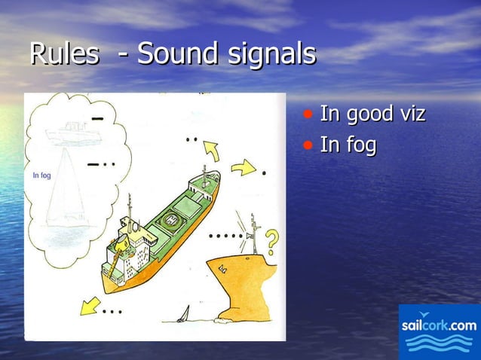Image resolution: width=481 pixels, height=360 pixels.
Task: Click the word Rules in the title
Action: pos(63,54)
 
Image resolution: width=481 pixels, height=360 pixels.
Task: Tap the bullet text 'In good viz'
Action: pos(372,115)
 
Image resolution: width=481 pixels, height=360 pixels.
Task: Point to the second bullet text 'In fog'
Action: pos(348,144)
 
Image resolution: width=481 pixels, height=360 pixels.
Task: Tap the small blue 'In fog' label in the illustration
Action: pos(42,175)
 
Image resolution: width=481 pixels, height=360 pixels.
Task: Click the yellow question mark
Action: pos(271,243)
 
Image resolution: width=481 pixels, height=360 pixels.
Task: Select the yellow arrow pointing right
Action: pos(244,167)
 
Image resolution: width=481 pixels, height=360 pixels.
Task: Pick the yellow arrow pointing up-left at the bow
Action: pos(211,151)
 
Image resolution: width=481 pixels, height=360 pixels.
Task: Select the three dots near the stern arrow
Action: pos(112,310)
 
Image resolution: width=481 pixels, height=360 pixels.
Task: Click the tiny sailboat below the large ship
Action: pos(182,316)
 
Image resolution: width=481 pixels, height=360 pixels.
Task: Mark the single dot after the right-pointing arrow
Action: pos(264,173)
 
